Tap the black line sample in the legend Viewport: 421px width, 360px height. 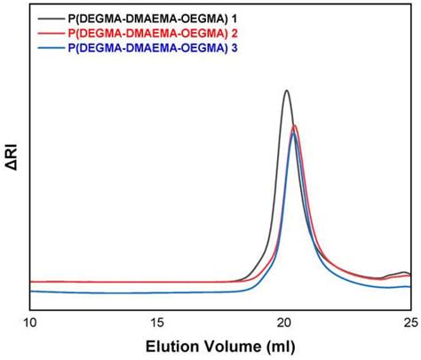click(x=48, y=17)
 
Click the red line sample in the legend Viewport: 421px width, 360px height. click(x=48, y=32)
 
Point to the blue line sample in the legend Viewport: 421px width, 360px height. click(x=48, y=46)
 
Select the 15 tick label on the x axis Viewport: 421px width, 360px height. click(x=157, y=321)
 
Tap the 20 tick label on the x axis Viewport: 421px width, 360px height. click(x=284, y=321)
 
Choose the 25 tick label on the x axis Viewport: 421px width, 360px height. click(x=409, y=321)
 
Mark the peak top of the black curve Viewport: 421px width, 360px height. click(x=286, y=90)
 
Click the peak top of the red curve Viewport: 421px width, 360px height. click(x=294, y=125)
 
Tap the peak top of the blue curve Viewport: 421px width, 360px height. click(x=294, y=133)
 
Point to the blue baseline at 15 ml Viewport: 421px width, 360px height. click(x=157, y=292)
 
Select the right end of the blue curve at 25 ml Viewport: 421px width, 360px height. click(x=409, y=287)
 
